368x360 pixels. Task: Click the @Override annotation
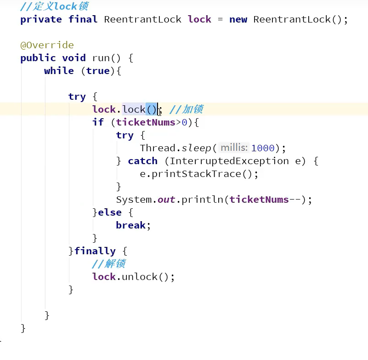click(47, 45)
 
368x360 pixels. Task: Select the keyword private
click(41, 19)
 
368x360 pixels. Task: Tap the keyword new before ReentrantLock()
click(238, 19)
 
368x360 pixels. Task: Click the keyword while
click(59, 71)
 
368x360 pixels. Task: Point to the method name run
click(101, 58)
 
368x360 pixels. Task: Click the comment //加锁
click(186, 109)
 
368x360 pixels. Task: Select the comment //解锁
click(109, 264)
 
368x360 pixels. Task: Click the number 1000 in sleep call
click(263, 148)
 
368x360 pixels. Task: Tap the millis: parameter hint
click(234, 148)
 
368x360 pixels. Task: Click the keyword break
click(131, 225)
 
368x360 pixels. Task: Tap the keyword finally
click(95, 251)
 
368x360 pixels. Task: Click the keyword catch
click(142, 161)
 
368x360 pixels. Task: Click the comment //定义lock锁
click(55, 6)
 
